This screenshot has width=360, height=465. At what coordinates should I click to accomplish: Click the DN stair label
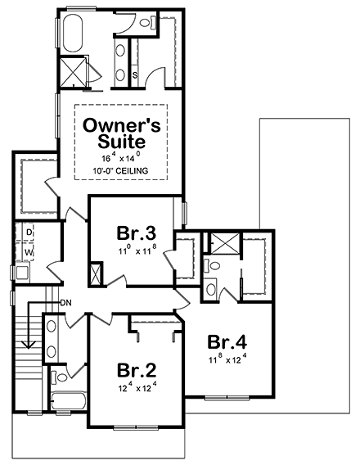pos(66,303)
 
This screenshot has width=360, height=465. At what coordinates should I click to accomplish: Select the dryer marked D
pos(29,233)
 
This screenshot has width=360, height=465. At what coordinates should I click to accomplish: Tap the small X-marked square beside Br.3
pos(95,273)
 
